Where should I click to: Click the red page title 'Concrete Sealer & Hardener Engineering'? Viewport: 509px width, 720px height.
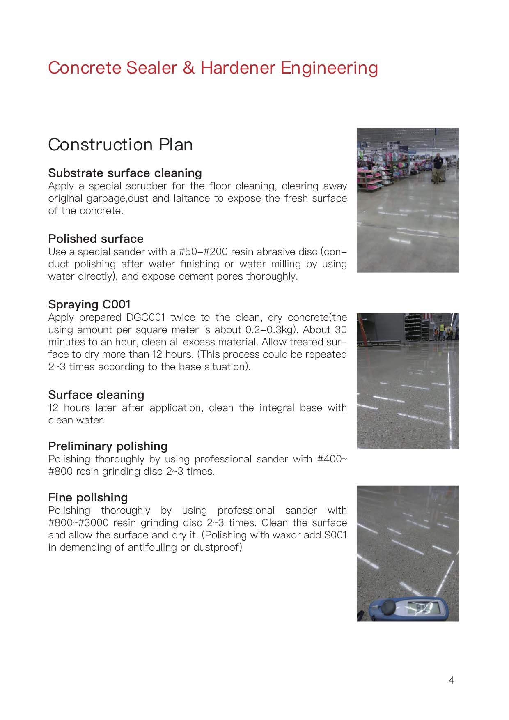(213, 68)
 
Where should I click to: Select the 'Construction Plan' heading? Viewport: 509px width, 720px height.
(120, 145)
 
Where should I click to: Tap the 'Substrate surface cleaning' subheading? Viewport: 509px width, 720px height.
(125, 173)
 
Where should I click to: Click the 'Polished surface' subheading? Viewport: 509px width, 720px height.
(96, 239)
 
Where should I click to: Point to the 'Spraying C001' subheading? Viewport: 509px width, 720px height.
(89, 304)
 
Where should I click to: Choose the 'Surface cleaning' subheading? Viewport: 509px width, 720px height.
(96, 395)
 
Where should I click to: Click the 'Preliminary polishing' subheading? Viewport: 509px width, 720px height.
(108, 446)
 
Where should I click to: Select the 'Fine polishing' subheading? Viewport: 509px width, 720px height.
(88, 497)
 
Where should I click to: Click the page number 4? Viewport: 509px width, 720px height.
(451, 681)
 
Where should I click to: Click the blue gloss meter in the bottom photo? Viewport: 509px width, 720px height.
(406, 608)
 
